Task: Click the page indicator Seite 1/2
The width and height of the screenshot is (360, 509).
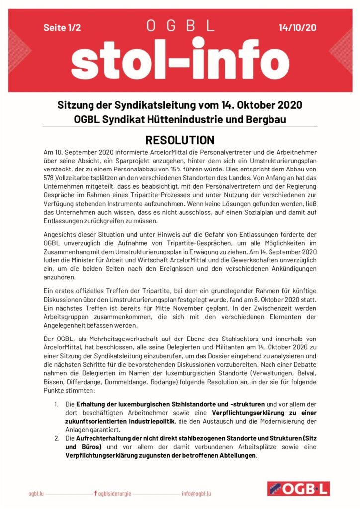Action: tap(62, 28)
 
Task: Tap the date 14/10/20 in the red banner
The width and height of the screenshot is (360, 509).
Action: tap(297, 28)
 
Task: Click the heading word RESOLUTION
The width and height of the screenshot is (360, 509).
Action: tap(180, 140)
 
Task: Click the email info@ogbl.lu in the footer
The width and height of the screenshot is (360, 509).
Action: tap(196, 494)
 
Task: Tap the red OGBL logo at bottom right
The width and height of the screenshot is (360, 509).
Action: tap(298, 489)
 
